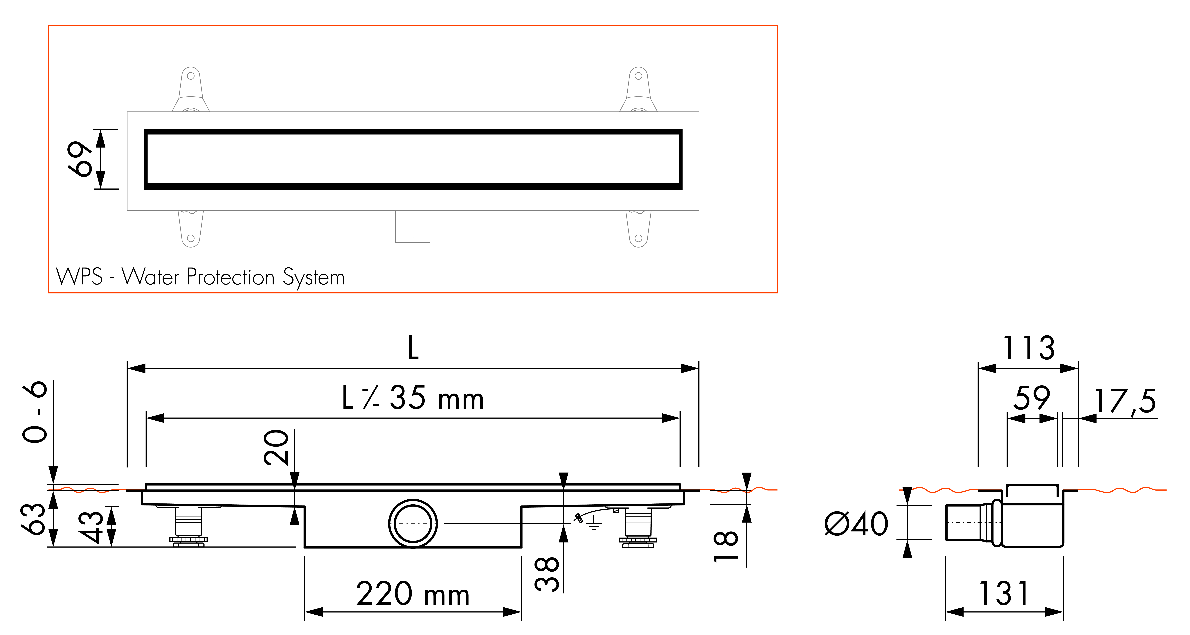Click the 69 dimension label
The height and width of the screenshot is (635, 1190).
(x=80, y=159)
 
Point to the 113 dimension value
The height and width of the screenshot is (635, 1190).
(x=1029, y=348)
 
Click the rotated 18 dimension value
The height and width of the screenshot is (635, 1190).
(x=726, y=546)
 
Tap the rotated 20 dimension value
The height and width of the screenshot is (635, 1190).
(x=276, y=447)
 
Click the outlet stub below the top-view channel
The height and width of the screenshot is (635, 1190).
(x=413, y=226)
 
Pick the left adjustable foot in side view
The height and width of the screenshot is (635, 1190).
(x=188, y=527)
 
